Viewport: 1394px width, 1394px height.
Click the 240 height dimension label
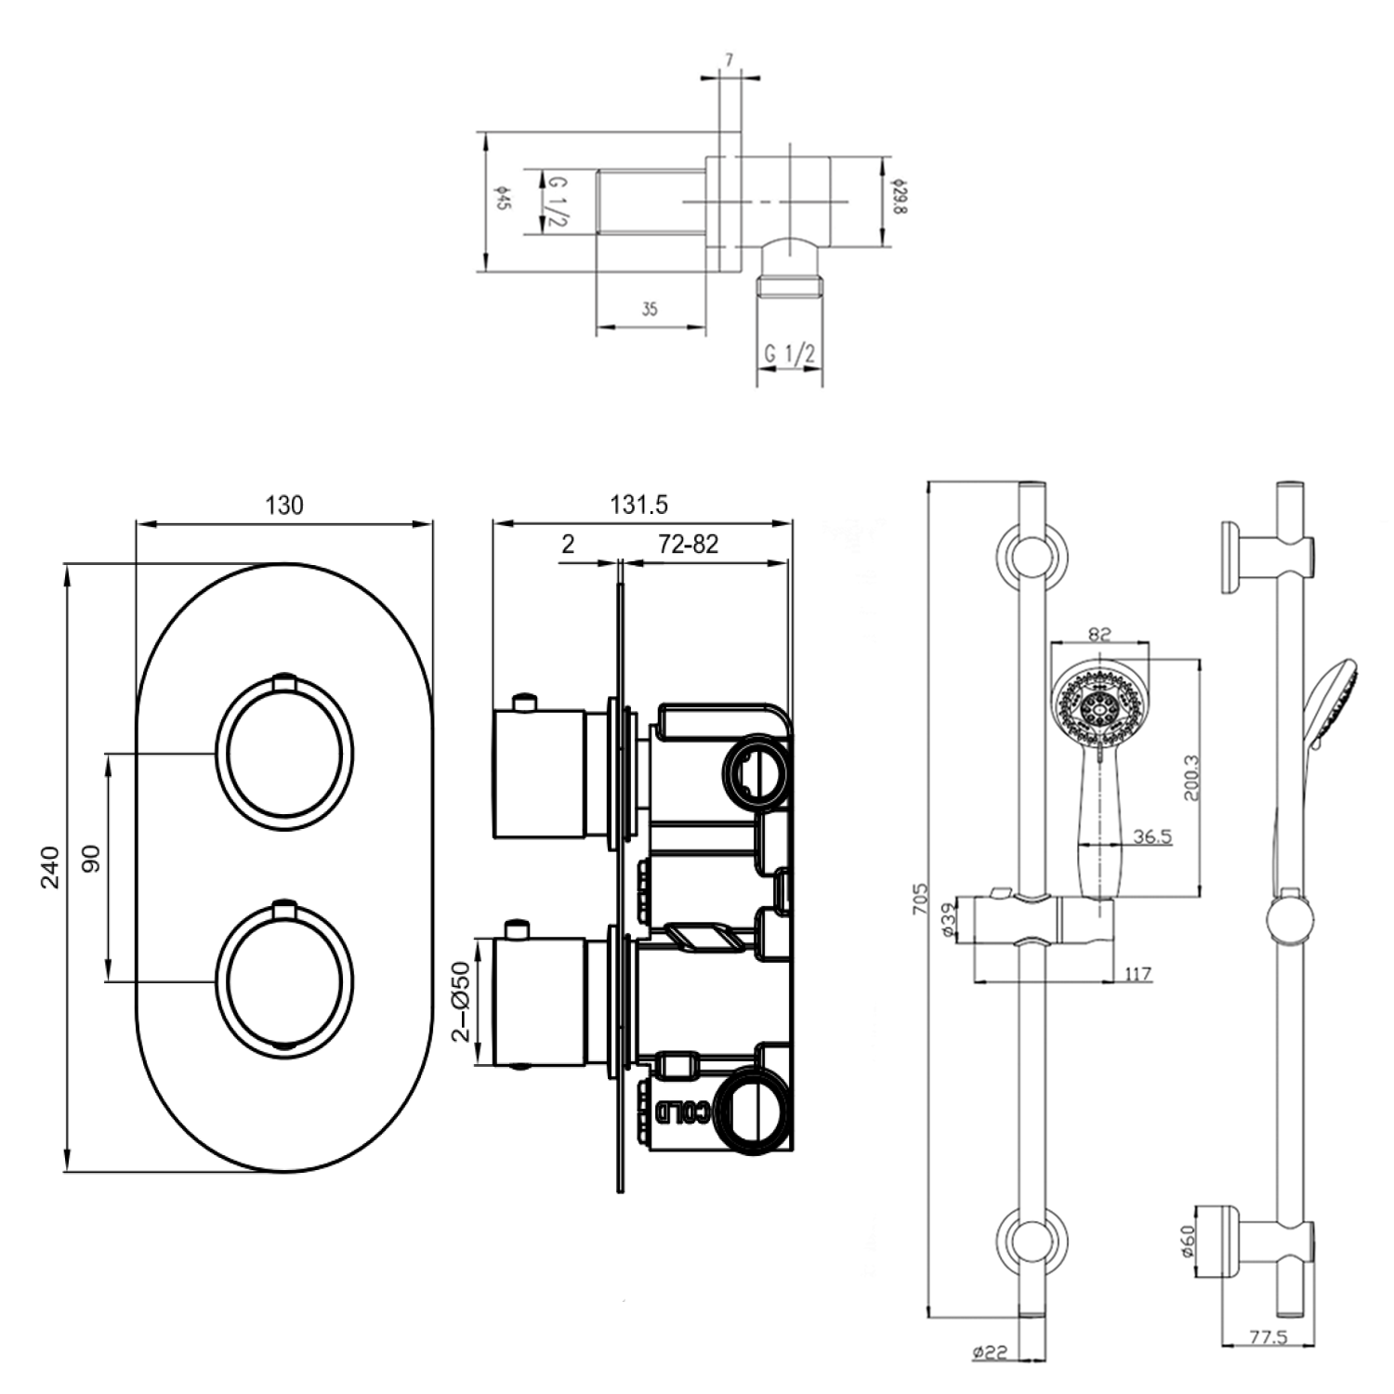point(50,866)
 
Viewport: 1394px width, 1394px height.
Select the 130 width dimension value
point(284,506)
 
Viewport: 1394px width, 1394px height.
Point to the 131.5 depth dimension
point(638,505)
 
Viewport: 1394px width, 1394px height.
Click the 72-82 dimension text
point(688,545)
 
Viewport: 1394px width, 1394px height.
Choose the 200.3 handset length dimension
point(1192,777)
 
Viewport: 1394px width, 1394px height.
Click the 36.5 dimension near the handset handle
point(1152,837)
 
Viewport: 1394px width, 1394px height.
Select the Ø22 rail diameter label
point(991,1353)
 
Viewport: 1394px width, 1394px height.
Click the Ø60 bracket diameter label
point(1187,1241)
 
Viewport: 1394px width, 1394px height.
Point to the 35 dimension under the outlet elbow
point(650,309)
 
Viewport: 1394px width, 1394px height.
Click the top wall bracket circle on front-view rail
point(1031,559)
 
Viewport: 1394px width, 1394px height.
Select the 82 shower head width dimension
point(1099,636)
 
